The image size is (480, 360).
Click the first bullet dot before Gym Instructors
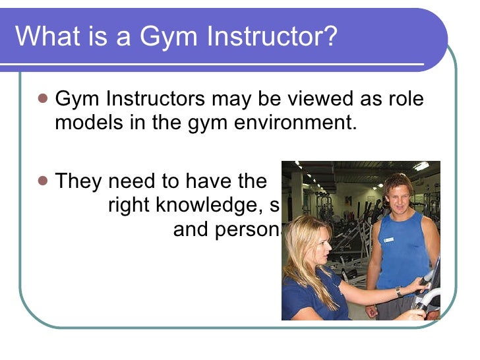click(43, 99)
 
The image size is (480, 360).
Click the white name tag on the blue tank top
click(388, 239)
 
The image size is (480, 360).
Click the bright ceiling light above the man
click(421, 166)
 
